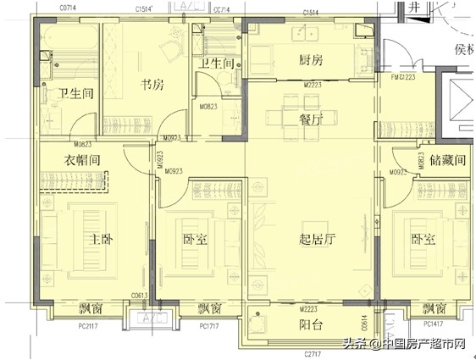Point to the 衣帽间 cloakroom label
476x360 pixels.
pos(83,160)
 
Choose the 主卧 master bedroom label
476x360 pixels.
pos(96,240)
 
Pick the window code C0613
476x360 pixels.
pos(141,296)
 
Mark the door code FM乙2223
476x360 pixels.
pos(402,77)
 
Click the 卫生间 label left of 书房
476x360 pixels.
pos(74,93)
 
